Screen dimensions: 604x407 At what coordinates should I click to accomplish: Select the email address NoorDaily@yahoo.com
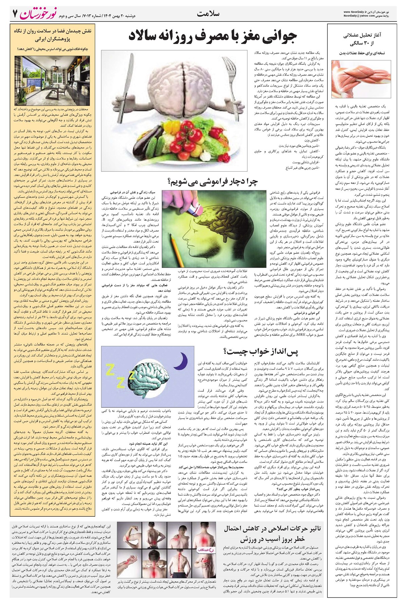click(359, 16)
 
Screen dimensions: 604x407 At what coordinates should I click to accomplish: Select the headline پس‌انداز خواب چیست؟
click(261, 351)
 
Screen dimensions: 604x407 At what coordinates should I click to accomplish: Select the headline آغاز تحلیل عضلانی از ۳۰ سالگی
click(363, 39)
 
